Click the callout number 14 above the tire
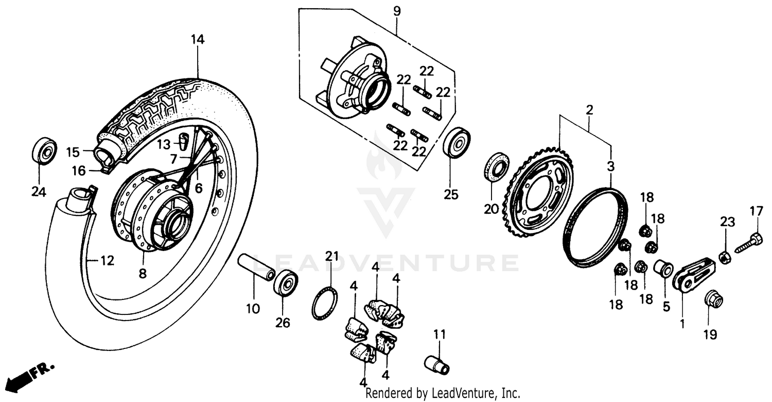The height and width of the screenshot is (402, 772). tap(198, 39)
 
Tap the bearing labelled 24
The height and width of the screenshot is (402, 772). tap(44, 150)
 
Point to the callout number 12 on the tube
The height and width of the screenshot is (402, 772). tap(106, 261)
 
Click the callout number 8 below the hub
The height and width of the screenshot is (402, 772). tap(143, 274)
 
